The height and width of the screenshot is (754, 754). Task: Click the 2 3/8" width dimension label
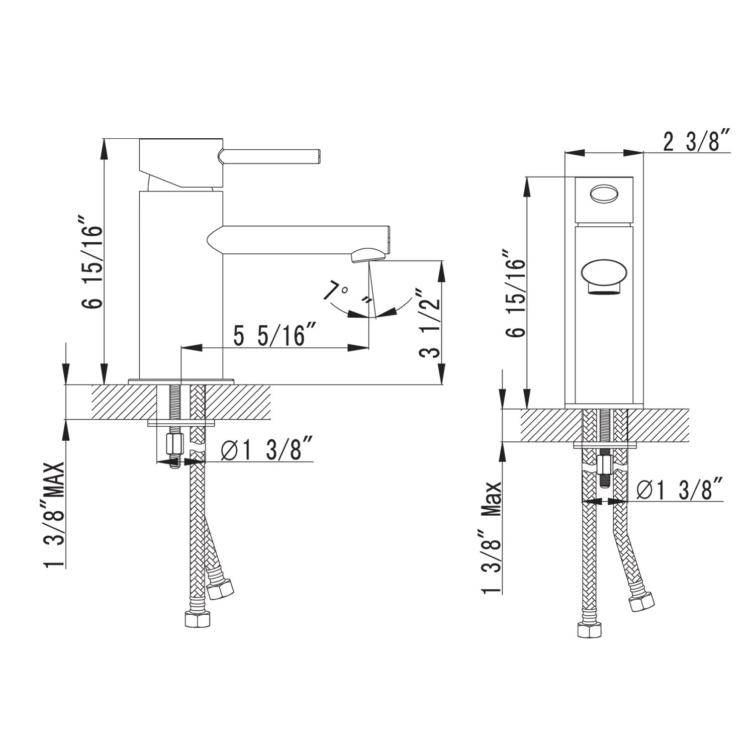696,142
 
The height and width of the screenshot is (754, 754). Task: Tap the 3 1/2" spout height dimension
430,322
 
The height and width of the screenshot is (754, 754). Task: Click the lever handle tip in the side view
317,156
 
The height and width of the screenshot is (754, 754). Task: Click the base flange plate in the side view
181,381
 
